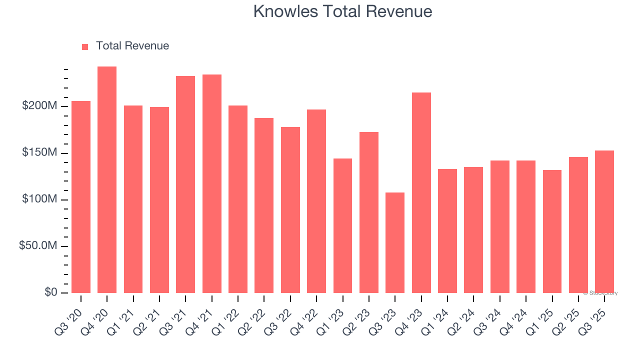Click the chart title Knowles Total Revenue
pyautogui.click(x=342, y=11)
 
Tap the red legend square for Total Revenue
pyautogui.click(x=85, y=46)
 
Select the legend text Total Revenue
pyautogui.click(x=132, y=46)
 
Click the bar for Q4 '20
pyautogui.click(x=107, y=180)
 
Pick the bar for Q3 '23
pyautogui.click(x=395, y=242)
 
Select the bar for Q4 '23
pyautogui.click(x=421, y=192)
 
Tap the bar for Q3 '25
pyautogui.click(x=604, y=221)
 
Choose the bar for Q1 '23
pyautogui.click(x=342, y=225)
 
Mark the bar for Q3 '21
pyautogui.click(x=185, y=184)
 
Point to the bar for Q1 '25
pyautogui.click(x=552, y=231)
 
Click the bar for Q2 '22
pyautogui.click(x=264, y=205)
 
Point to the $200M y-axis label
pyautogui.click(x=39, y=106)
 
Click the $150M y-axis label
pyautogui.click(x=39, y=152)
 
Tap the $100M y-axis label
pyautogui.click(x=39, y=199)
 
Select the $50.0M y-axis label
pyautogui.click(x=37, y=246)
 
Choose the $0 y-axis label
pyautogui.click(x=50, y=292)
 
